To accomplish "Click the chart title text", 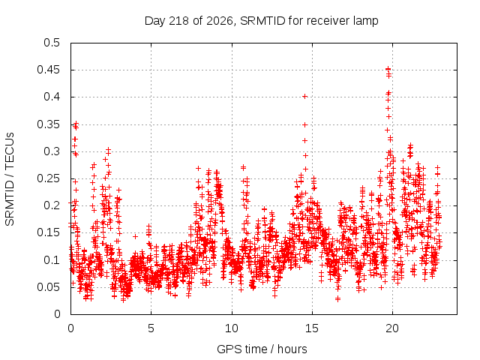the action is [x=262, y=21].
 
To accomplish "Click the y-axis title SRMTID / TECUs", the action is [x=10, y=179].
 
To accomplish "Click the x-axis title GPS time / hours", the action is [x=262, y=349].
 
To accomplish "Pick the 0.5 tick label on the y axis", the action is [x=52, y=43].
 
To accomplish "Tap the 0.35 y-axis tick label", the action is [x=48, y=124].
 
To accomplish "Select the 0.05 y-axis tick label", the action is [x=48, y=286].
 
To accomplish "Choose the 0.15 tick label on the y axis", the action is [x=48, y=232].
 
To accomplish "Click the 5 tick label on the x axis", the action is [x=151, y=328].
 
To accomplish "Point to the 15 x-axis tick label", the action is [x=312, y=328].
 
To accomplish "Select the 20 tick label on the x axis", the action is [x=392, y=328].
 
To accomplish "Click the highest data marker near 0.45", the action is [x=388, y=69].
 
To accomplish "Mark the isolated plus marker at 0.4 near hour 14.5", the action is [x=304, y=97].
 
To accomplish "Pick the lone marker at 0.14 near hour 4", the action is [x=135, y=237].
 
